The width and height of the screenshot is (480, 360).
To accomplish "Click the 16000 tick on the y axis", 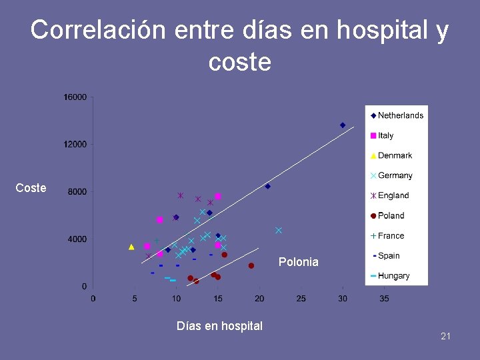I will (x=75, y=97).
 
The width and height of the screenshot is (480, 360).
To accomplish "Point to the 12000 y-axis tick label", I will (x=75, y=145).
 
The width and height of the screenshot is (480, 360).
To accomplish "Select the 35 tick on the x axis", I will (x=384, y=299).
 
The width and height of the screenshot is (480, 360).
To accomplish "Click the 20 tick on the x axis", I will (x=259, y=299).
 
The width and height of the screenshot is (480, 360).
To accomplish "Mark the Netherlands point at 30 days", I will (x=343, y=125).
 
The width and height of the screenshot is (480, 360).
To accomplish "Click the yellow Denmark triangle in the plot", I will (x=131, y=247).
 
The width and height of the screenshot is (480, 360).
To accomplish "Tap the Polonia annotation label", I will (x=299, y=262).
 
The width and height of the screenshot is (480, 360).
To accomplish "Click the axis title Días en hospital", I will (x=219, y=326).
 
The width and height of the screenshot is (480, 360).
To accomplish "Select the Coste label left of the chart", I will (x=31, y=188).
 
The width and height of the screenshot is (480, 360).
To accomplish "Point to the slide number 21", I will (x=445, y=336).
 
